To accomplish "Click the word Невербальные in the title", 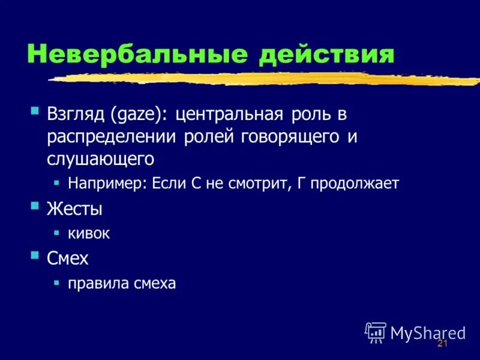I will click(x=137, y=54).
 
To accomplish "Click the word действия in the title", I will click(x=326, y=54).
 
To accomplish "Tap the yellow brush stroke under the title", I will click(x=264, y=79).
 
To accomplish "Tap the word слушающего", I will click(x=101, y=158).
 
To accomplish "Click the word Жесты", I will click(x=74, y=209).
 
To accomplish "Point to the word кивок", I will click(x=89, y=233).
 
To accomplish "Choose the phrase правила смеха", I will click(x=122, y=283).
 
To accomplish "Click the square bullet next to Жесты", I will click(x=35, y=206).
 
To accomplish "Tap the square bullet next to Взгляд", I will click(x=35, y=111).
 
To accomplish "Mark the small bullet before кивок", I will click(x=56, y=232).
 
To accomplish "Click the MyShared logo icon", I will click(x=376, y=331).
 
